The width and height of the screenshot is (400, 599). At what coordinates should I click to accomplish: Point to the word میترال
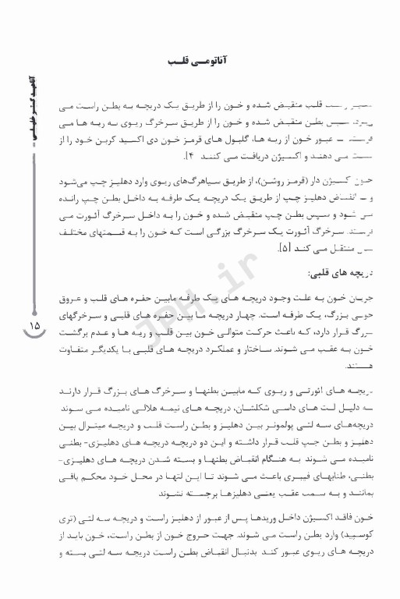(104, 424)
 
